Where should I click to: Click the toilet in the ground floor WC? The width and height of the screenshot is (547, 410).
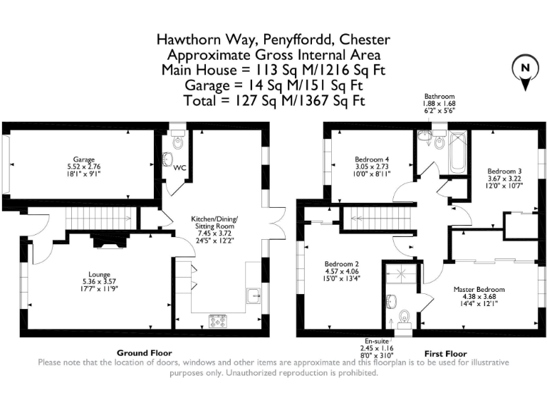[x=168, y=159]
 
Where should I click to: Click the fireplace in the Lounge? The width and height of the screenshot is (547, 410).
[x=109, y=241]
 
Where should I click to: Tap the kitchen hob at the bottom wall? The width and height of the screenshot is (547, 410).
[x=217, y=321]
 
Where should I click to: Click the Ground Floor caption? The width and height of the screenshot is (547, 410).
[x=144, y=353]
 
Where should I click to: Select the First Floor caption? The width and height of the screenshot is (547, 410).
[x=445, y=353]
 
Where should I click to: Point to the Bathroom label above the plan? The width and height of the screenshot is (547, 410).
[x=439, y=96]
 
